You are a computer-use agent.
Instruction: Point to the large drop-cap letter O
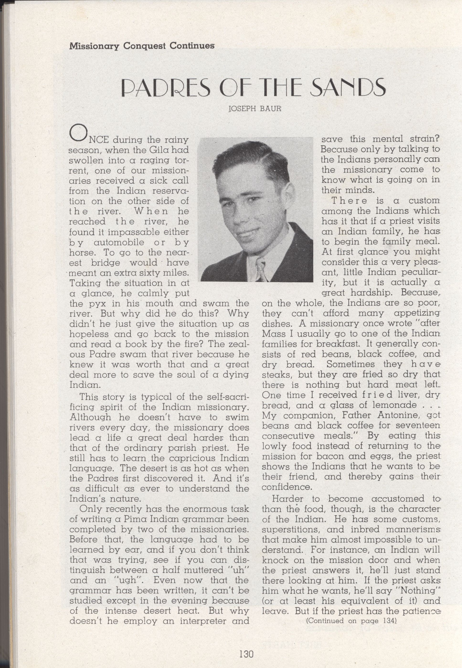[x=77, y=134]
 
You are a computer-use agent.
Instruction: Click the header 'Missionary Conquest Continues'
[x=142, y=46]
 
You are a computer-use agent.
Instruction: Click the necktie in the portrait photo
[x=261, y=271]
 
